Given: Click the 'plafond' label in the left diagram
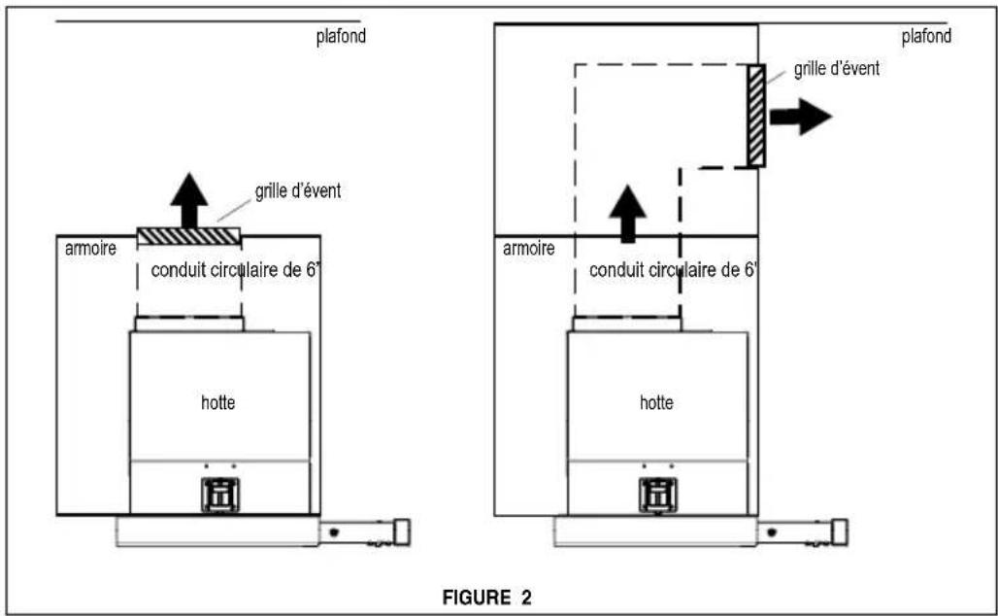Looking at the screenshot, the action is point(341,36).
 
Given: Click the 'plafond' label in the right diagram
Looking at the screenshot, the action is point(926,36).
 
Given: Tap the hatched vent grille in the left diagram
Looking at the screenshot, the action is point(189,236).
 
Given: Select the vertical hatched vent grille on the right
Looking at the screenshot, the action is point(756,116).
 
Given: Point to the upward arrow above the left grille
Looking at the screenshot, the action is point(189,200).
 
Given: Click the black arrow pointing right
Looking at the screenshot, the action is point(801,117).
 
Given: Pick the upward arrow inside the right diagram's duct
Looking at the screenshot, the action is point(627,214).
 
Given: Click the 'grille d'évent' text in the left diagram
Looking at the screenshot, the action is point(298,191).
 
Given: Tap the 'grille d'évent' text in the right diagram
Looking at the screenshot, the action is point(836,69).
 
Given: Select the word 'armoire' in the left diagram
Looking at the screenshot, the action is point(90,249).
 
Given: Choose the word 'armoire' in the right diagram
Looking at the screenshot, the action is point(528,249).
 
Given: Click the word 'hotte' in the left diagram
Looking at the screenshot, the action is point(217,402).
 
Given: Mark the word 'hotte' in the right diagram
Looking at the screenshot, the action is point(656,402).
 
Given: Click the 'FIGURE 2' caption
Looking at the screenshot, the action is point(487,598).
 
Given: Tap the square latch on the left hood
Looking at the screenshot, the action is point(220,495).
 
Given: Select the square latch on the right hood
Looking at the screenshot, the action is point(658,495).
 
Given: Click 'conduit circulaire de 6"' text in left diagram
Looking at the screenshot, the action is point(235,270).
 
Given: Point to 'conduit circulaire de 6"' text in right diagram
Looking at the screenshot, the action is point(674,270).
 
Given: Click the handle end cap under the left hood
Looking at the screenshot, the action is point(402,531).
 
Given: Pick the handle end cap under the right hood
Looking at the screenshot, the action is point(840,531).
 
